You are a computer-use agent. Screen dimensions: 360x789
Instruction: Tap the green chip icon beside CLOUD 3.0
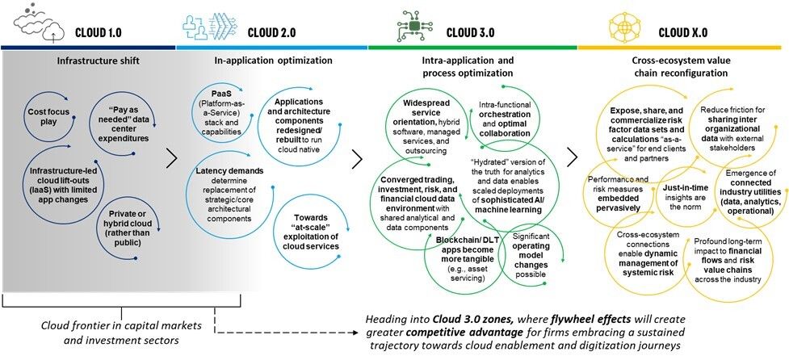[x=413, y=25]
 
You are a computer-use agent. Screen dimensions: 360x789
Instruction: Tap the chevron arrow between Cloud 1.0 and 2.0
[x=171, y=157]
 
